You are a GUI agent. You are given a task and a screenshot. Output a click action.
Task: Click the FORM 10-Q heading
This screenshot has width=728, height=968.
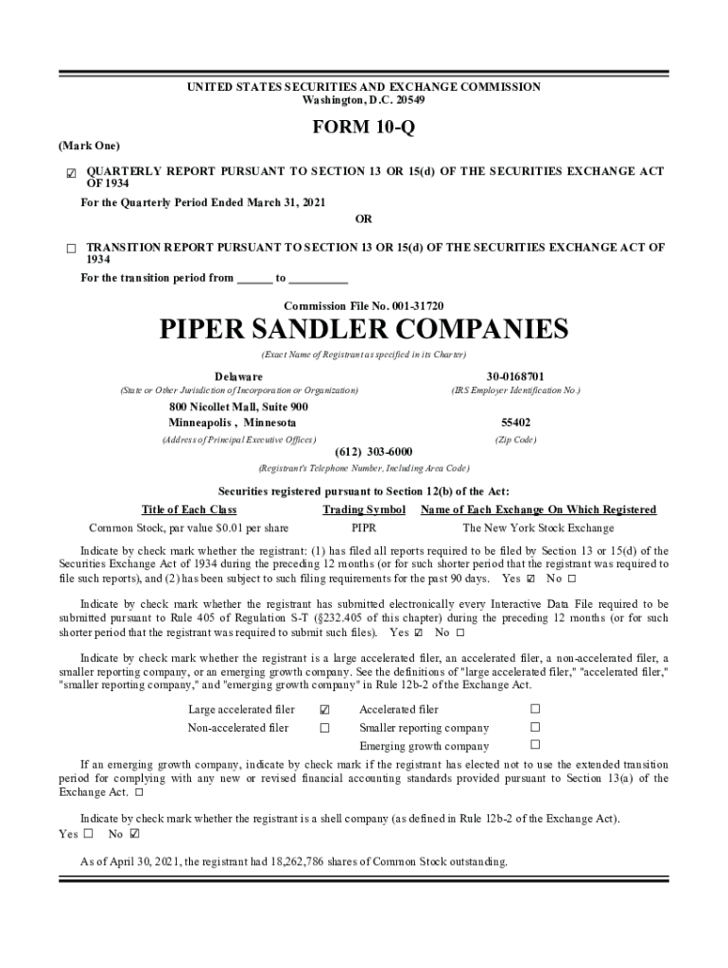[x=363, y=128]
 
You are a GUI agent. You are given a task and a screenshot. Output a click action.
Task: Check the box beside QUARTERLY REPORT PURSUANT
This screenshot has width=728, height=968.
[x=71, y=173]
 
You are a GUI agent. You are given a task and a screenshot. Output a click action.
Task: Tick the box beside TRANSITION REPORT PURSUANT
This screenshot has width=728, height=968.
[x=71, y=249]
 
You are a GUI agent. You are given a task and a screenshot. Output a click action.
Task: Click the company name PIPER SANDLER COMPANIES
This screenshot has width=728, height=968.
[x=363, y=329]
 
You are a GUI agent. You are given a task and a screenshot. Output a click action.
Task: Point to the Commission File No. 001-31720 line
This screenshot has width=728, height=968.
[x=363, y=305]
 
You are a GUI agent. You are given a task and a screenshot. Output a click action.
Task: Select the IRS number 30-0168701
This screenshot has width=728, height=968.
[x=515, y=376]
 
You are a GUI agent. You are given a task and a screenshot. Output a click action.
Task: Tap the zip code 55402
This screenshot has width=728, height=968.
[x=515, y=423]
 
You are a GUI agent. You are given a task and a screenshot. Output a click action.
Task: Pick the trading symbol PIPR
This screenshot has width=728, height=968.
[x=364, y=528]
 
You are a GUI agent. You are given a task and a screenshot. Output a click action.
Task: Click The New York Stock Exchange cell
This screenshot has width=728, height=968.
[x=538, y=528]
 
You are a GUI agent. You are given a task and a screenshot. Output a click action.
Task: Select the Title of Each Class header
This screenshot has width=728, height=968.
[x=189, y=510]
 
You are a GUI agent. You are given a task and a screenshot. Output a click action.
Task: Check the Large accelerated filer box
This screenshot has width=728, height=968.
[x=324, y=710]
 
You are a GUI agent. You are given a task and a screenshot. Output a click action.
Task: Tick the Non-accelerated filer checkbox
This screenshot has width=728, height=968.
[x=324, y=728]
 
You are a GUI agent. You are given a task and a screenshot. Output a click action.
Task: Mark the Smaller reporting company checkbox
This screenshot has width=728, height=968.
[x=535, y=728]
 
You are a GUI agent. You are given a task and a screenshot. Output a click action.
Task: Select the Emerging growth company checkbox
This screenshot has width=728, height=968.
[x=535, y=746]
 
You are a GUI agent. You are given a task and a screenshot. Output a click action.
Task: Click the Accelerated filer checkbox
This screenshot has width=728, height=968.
[x=535, y=709]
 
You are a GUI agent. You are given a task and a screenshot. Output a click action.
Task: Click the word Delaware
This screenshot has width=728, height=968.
[x=238, y=376]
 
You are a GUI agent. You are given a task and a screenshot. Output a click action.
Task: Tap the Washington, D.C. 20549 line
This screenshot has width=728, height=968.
[x=363, y=99]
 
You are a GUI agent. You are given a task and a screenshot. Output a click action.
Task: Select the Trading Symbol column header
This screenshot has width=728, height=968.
[x=364, y=510]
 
